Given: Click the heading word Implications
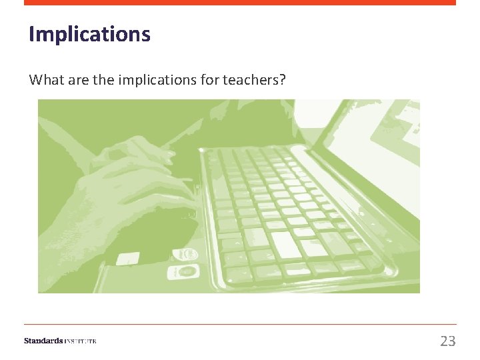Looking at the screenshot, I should pos(89,34).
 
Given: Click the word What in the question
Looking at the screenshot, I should pos(45,80).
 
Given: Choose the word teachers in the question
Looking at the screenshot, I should pos(251,80).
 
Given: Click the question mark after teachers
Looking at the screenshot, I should pos(283,80).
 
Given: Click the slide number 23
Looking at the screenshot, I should pos(447,341).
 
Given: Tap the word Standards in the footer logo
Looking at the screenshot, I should pos(43,341).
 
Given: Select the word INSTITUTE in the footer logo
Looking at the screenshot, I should pos(80,341).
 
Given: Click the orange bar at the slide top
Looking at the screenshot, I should pos(240,3).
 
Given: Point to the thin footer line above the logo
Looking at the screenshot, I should pos(240,325).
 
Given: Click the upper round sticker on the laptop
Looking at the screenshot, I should pos(185,254).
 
